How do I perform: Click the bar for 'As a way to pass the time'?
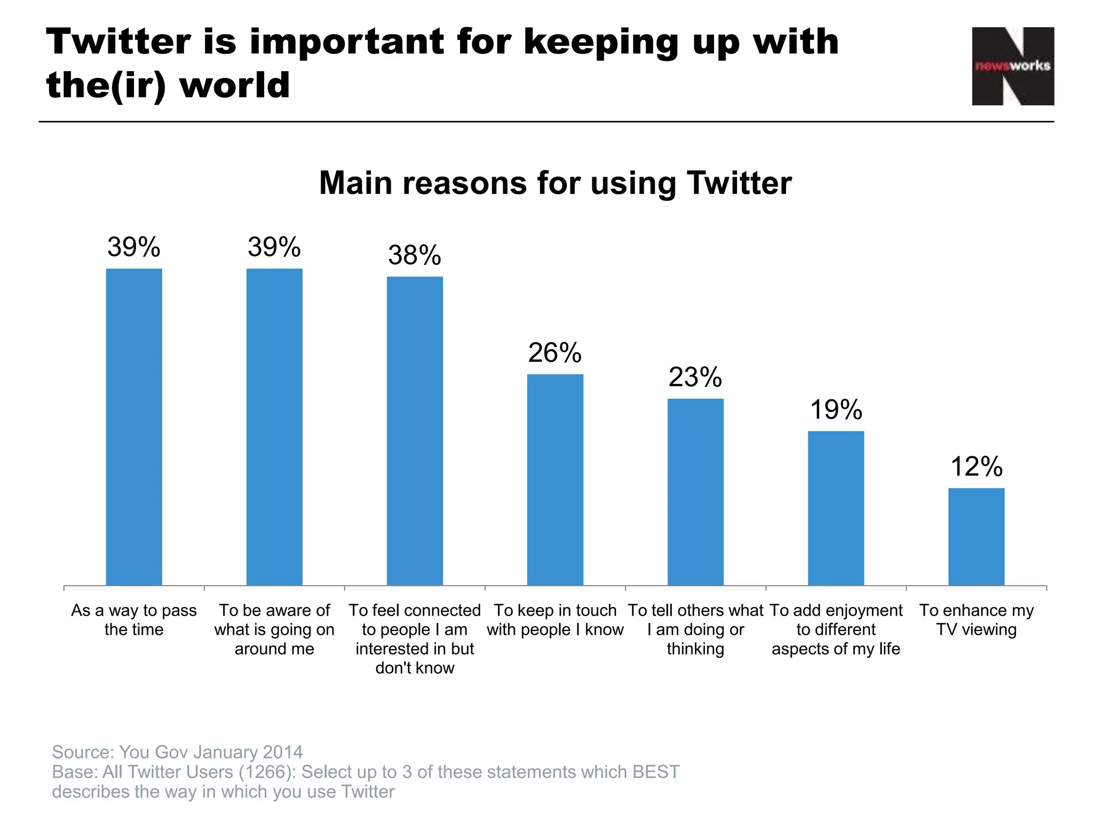[134, 427]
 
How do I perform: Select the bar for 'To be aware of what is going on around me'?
[274, 427]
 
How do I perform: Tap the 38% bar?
[415, 431]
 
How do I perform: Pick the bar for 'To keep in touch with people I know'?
[555, 480]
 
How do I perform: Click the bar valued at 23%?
[695, 492]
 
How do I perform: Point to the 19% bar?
[836, 508]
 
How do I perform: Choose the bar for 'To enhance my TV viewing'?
[976, 537]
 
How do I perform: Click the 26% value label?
[555, 353]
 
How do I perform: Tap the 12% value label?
[976, 467]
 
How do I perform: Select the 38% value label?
[415, 255]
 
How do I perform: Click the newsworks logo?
[1012, 66]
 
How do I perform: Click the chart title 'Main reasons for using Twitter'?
[555, 183]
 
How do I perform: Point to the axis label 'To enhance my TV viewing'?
[976, 620]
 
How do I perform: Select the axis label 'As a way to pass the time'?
[134, 620]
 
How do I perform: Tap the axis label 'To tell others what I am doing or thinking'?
[695, 629]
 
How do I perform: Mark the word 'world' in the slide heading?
[235, 85]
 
